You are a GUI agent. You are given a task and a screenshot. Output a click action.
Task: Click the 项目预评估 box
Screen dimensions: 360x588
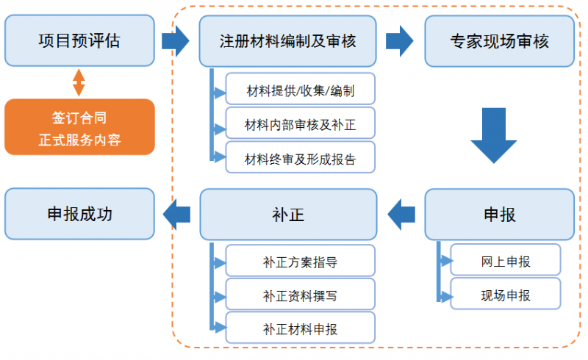[79, 40]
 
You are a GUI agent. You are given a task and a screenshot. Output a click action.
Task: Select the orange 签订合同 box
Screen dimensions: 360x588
[79, 127]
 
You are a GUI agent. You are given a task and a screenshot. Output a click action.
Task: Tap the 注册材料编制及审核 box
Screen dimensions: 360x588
[287, 40]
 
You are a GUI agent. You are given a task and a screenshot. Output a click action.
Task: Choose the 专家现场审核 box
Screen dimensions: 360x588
[499, 40]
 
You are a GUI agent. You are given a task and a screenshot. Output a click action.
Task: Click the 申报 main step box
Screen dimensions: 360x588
[499, 214]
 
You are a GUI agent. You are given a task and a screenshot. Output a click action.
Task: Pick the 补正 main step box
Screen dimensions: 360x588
[287, 214]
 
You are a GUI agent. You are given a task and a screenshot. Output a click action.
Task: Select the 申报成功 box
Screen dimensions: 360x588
[79, 214]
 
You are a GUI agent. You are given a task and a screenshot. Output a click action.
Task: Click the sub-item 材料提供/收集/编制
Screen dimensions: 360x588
[300, 91]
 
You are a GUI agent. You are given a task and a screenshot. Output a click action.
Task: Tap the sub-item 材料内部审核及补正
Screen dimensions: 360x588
[300, 125]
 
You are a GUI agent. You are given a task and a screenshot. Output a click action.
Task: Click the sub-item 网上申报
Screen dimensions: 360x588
[505, 262]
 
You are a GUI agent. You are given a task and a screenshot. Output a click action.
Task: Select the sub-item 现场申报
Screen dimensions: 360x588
[505, 295]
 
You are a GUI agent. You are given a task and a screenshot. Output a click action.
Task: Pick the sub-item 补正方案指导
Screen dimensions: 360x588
[300, 262]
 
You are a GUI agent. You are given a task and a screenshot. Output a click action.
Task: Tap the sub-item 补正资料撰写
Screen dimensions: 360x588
[300, 295]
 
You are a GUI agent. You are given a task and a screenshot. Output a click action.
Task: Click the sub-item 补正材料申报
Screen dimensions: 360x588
[300, 329]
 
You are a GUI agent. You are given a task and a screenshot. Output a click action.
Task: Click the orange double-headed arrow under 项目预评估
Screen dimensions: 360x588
[79, 82]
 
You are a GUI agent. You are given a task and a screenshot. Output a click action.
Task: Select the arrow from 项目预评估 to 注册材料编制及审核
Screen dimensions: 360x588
[176, 40]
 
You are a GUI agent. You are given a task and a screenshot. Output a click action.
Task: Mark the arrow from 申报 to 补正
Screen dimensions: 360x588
[401, 214]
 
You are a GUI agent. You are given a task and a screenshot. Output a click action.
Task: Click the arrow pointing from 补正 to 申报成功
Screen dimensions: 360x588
[176, 214]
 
